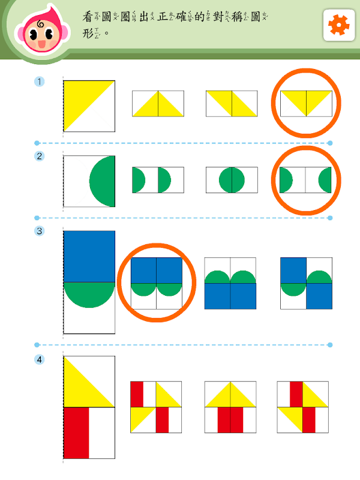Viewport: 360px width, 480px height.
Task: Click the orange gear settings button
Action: click(339, 25)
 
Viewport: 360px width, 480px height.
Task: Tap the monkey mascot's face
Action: click(43, 33)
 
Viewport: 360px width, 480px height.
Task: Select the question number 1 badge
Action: click(39, 82)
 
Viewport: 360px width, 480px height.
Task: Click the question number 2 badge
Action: click(39, 156)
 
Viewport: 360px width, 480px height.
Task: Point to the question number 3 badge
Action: click(39, 231)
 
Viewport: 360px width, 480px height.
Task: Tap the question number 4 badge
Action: click(39, 359)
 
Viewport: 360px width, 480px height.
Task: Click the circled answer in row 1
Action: click(306, 103)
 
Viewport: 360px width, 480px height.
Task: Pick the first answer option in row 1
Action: click(158, 103)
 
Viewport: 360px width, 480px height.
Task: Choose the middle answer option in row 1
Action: click(232, 103)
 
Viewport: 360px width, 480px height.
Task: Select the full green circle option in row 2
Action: click(232, 180)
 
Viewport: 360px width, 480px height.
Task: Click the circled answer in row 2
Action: click(305, 180)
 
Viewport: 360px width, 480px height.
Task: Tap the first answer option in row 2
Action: click(158, 180)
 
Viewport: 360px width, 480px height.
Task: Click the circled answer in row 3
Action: click(157, 283)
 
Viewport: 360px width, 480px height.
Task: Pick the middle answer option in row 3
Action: click(230, 283)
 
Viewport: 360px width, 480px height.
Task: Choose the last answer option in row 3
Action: click(306, 283)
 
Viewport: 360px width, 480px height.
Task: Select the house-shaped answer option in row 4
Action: click(230, 407)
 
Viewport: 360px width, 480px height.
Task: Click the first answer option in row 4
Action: click(156, 407)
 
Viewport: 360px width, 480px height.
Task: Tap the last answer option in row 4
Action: click(303, 407)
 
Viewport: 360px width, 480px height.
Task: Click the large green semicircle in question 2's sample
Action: click(102, 181)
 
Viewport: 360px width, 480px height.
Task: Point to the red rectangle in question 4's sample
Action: click(76, 433)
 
